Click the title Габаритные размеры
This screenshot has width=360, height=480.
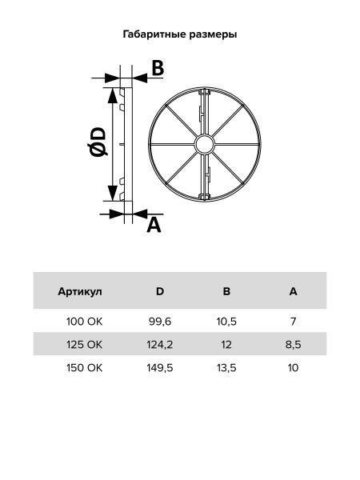tap(180, 34)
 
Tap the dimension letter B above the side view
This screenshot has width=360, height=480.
tap(158, 68)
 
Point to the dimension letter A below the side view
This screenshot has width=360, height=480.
tap(154, 226)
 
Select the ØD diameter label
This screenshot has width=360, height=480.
tap(98, 142)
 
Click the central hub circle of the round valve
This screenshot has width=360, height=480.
tap(205, 145)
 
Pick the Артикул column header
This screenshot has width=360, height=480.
tap(80, 291)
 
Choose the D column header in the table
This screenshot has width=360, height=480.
tap(160, 291)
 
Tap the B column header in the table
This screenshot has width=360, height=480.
tap(226, 291)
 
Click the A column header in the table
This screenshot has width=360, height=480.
tap(294, 291)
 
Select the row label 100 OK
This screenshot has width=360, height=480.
tap(85, 322)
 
